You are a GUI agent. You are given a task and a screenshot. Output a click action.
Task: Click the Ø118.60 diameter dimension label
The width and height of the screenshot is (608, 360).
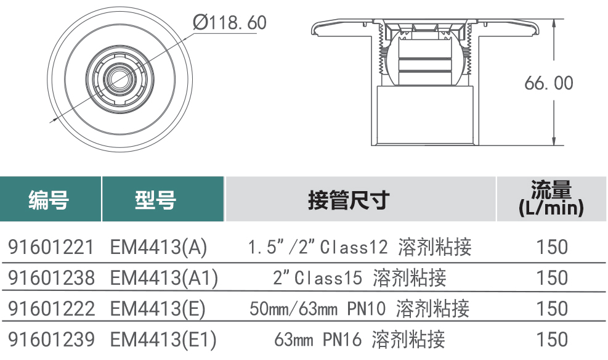pyautogui.click(x=230, y=22)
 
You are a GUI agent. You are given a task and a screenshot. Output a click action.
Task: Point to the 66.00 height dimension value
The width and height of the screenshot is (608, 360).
pyautogui.click(x=549, y=83)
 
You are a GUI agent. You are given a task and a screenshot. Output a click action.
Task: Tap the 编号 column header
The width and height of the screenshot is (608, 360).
pyautogui.click(x=49, y=200)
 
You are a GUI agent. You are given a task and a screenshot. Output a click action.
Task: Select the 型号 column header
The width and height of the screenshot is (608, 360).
pyautogui.click(x=155, y=200)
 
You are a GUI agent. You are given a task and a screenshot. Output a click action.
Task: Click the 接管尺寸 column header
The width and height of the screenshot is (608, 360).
pyautogui.click(x=349, y=200)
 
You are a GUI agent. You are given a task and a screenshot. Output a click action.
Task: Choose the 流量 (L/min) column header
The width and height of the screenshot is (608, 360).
pyautogui.click(x=551, y=198)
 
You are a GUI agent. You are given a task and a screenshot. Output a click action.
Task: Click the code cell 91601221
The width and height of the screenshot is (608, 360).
pyautogui.click(x=51, y=247)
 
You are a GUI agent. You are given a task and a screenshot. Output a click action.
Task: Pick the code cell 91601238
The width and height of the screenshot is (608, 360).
pyautogui.click(x=51, y=278)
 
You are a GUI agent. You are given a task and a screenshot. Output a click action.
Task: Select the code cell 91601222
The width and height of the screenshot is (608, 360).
pyautogui.click(x=51, y=309)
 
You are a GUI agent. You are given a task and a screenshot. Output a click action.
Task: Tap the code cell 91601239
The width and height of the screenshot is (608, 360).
pyautogui.click(x=51, y=340)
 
